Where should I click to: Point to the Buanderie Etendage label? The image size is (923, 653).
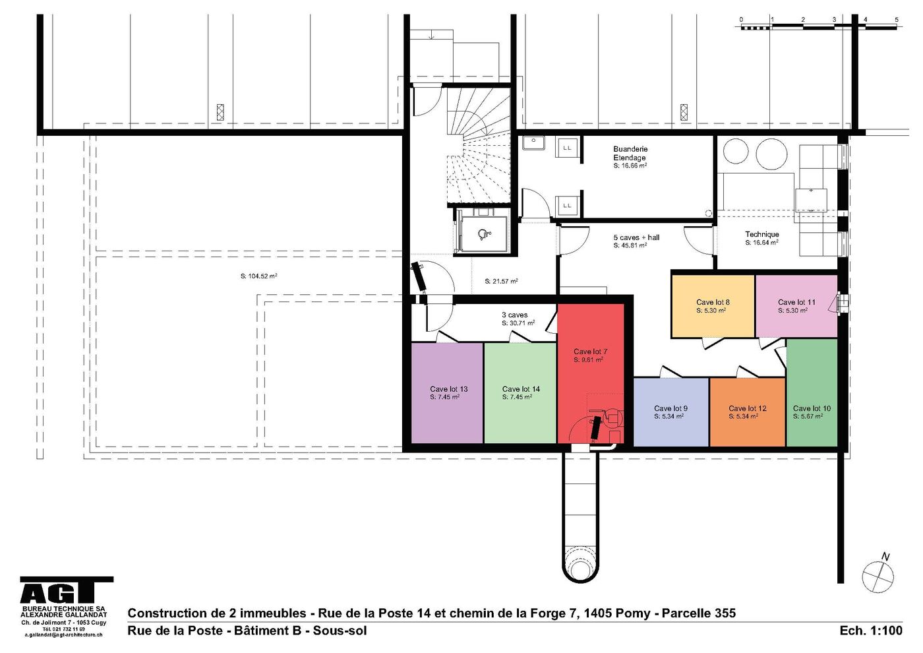630,153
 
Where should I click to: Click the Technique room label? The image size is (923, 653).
762,234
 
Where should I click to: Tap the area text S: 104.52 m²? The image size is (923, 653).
258,276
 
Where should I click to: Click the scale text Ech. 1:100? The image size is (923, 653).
871,631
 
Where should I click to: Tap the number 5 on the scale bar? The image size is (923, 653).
896,19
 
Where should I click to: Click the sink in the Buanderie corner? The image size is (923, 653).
534,142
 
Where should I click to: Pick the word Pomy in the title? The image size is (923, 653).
634,614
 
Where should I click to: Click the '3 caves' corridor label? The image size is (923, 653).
515,315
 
